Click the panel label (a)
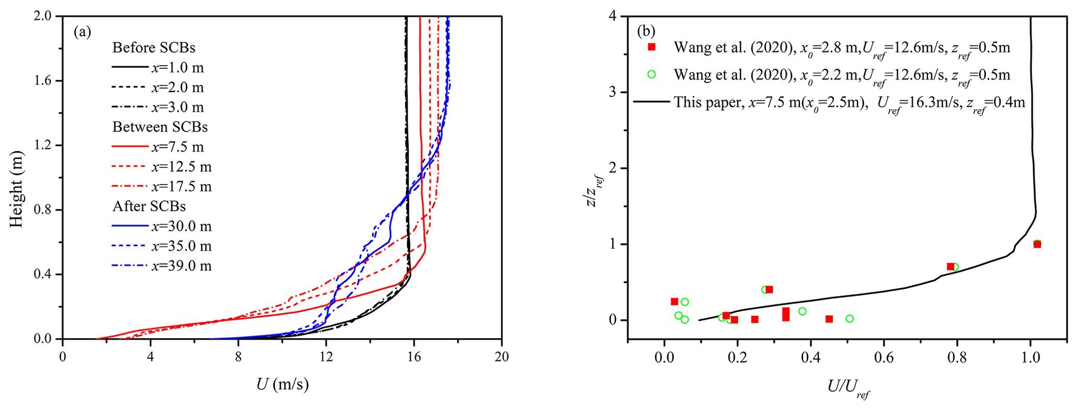pos(82,33)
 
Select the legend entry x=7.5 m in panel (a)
pos(177,147)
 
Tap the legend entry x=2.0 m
pos(177,88)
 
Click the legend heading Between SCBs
pos(160,127)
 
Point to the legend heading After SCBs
pos(149,207)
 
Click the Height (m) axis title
pos(17,189)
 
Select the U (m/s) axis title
pos(282,384)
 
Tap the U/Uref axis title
pos(848,388)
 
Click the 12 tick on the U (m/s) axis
pos(326,357)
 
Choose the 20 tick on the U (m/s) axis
pos(501,357)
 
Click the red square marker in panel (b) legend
pos(651,47)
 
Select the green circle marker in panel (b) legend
pos(651,74)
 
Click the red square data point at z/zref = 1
pos(1037,244)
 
